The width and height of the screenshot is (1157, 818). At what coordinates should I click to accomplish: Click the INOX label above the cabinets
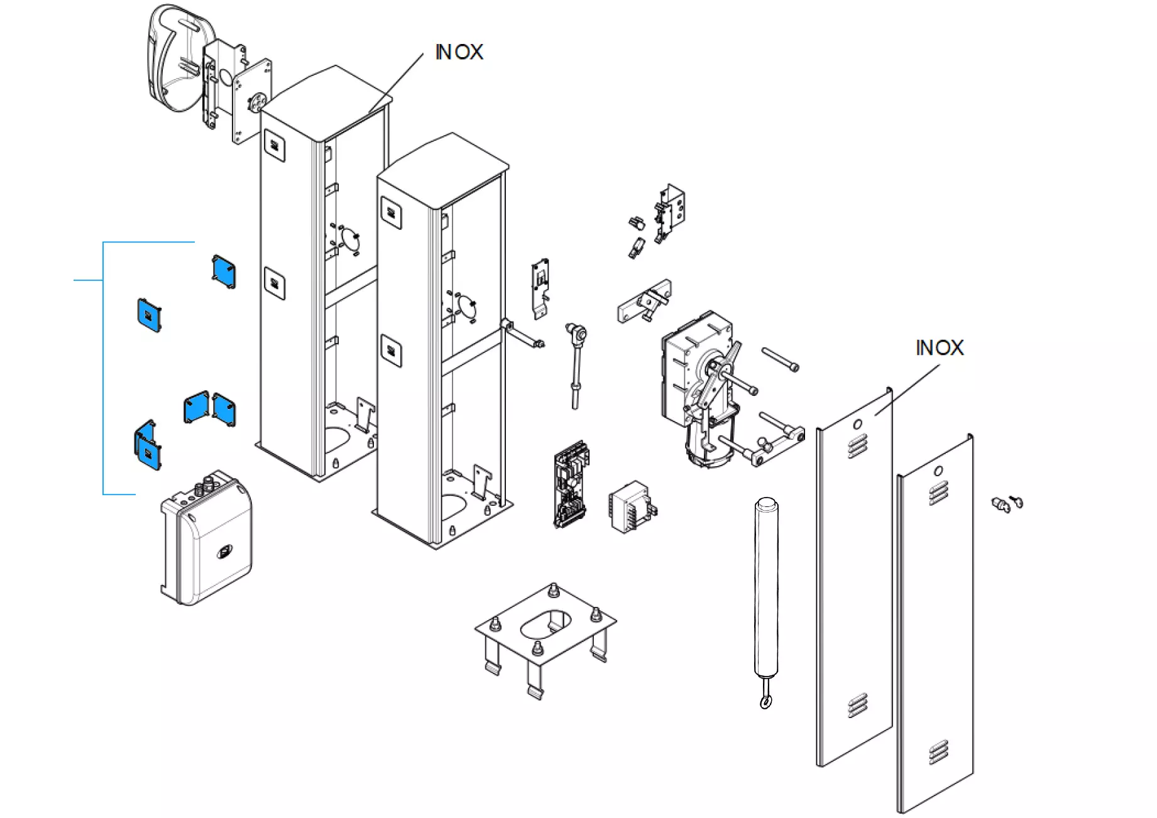click(x=459, y=52)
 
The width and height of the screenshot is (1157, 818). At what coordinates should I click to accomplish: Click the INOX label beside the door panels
click(x=939, y=347)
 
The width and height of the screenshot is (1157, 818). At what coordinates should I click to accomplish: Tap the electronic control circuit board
click(x=571, y=484)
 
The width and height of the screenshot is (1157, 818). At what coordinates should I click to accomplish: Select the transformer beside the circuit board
click(x=632, y=507)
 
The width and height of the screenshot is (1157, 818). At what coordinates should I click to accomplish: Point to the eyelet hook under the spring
click(x=765, y=701)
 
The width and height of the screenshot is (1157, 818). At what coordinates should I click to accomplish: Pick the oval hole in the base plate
click(x=544, y=623)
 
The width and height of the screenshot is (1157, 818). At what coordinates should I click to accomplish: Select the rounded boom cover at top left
click(x=179, y=60)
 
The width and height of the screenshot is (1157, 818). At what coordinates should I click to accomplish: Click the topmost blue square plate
click(x=224, y=272)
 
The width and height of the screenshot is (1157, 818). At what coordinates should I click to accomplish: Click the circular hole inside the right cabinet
click(x=466, y=307)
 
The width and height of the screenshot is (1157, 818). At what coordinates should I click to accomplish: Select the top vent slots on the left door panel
click(x=857, y=447)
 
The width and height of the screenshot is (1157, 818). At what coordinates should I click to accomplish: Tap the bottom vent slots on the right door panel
click(x=938, y=751)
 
